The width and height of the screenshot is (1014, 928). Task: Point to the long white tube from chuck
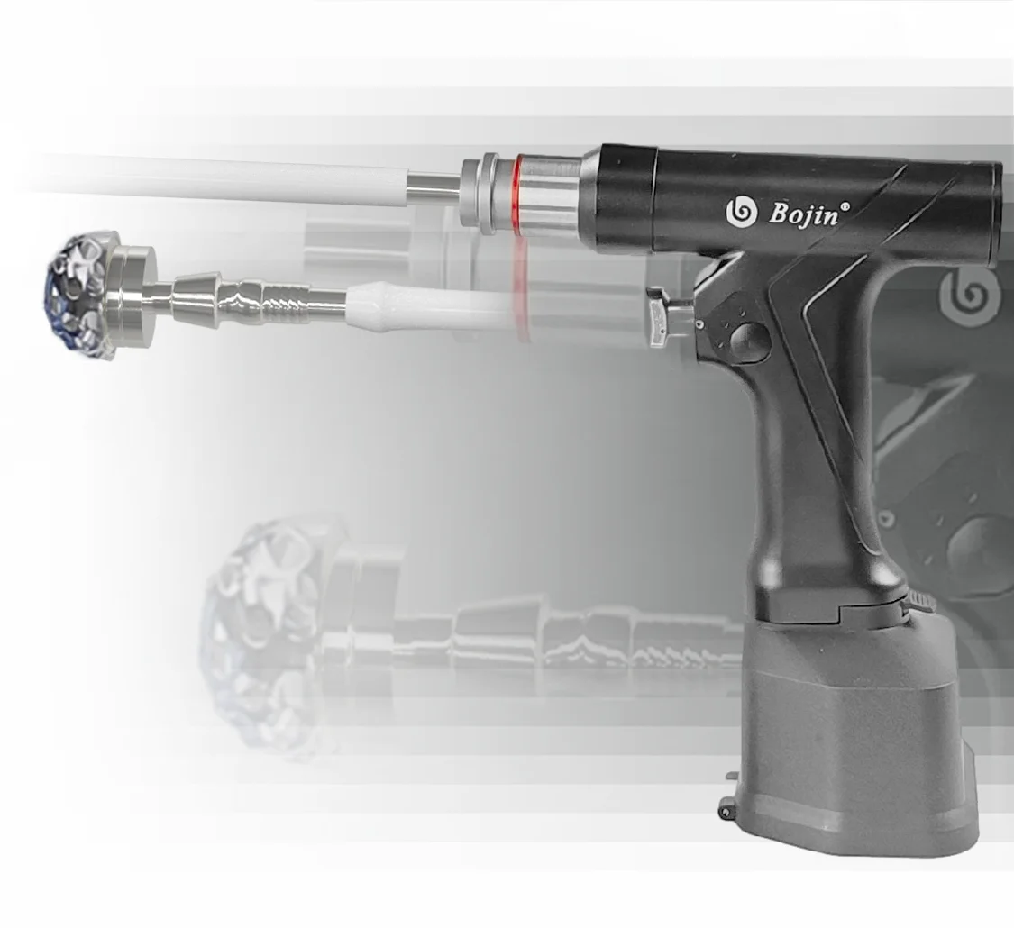tap(225, 178)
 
